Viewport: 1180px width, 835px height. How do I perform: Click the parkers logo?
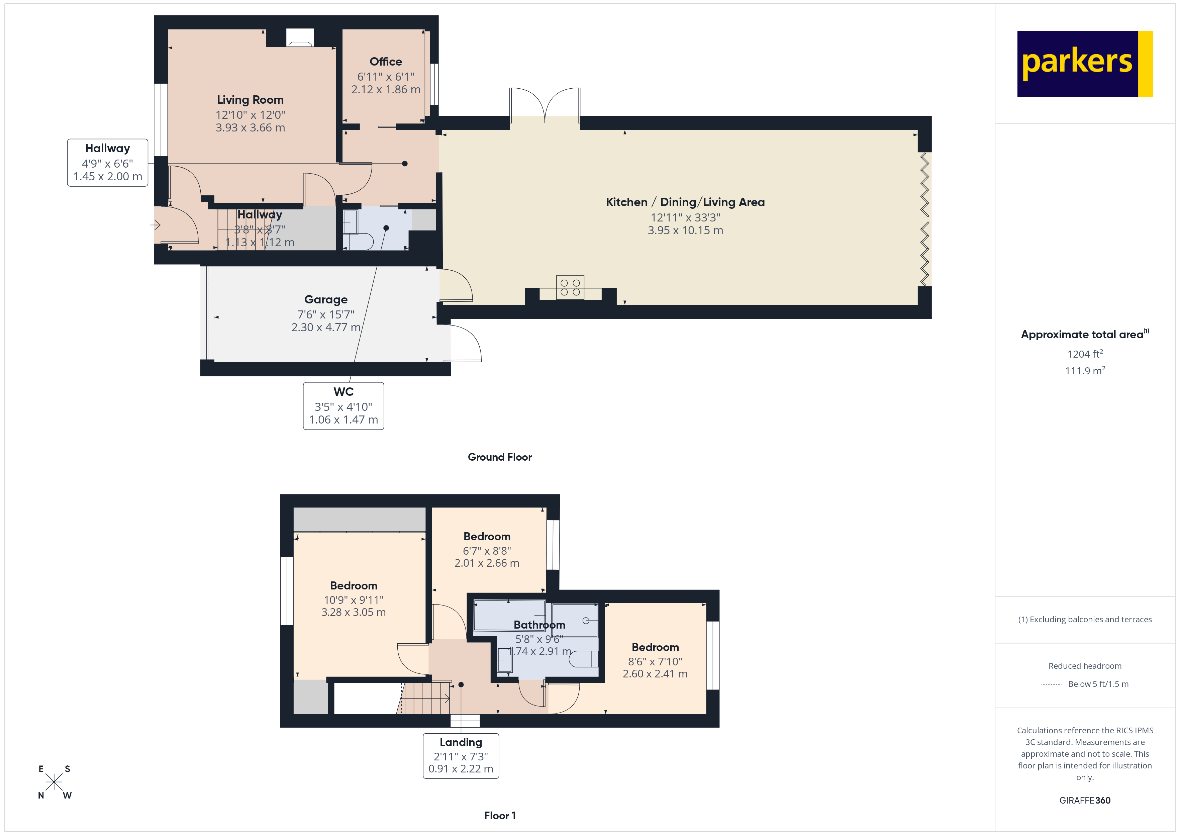pos(1084,64)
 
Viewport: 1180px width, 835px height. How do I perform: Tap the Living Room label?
pos(250,100)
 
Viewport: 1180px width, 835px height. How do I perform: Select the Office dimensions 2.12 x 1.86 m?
pos(385,89)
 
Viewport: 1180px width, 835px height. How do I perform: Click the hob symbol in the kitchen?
pos(570,287)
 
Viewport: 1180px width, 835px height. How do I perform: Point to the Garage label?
pos(326,299)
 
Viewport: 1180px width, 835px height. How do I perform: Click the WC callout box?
pos(343,406)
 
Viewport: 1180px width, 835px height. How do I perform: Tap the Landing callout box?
pos(461,755)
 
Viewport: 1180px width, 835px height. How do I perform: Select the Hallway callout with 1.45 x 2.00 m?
pos(107,163)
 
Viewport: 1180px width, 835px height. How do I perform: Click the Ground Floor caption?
pos(500,457)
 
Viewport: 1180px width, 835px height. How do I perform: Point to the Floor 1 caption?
pos(500,816)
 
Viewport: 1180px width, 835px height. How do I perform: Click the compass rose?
pos(54,782)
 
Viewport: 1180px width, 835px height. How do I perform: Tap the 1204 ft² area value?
pos(1084,354)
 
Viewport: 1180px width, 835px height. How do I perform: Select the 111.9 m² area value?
pos(1084,370)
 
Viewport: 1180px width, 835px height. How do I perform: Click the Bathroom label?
pos(539,625)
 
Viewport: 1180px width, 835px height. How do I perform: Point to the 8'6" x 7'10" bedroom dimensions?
pos(655,661)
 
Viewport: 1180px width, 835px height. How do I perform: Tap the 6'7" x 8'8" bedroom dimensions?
pos(487,551)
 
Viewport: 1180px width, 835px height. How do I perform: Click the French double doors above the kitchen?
pos(545,105)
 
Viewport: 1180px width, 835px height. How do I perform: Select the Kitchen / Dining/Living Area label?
pos(685,202)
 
